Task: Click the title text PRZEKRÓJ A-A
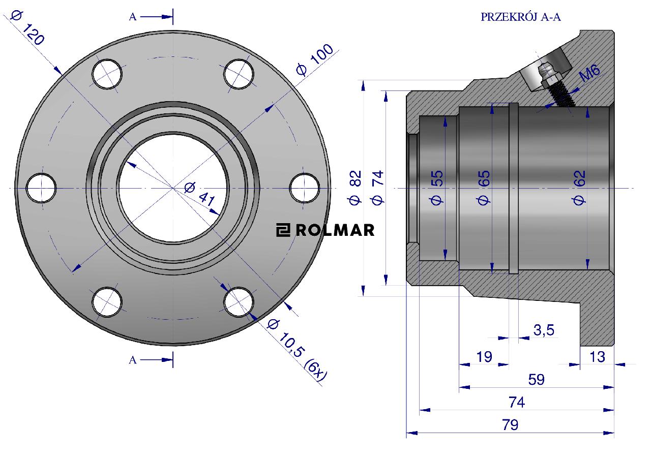(520, 17)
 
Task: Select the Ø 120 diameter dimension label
(27, 28)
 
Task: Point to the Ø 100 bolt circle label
(314, 59)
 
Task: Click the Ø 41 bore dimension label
(200, 194)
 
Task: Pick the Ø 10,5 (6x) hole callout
(297, 352)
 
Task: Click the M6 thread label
(589, 73)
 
